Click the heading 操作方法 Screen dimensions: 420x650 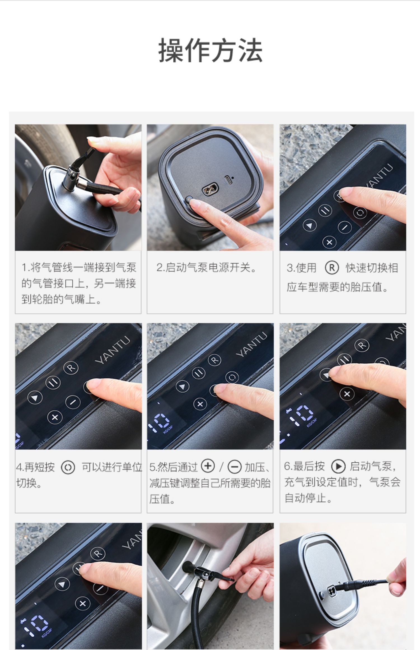(210, 50)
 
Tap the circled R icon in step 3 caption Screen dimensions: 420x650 (332, 268)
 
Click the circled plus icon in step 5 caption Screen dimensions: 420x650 (208, 466)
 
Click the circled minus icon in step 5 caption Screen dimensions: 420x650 (234, 467)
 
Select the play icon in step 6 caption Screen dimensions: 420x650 (338, 466)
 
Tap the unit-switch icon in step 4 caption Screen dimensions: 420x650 (68, 467)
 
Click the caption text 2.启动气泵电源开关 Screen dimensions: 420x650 (206, 268)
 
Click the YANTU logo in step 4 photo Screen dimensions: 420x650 (113, 350)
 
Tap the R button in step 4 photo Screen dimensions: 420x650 (71, 368)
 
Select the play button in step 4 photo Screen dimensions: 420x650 (35, 398)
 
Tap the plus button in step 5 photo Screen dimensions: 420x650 (200, 404)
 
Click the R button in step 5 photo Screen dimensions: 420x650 (215, 360)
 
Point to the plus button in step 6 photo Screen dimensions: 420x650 (347, 394)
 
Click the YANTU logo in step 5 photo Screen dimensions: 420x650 (251, 345)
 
